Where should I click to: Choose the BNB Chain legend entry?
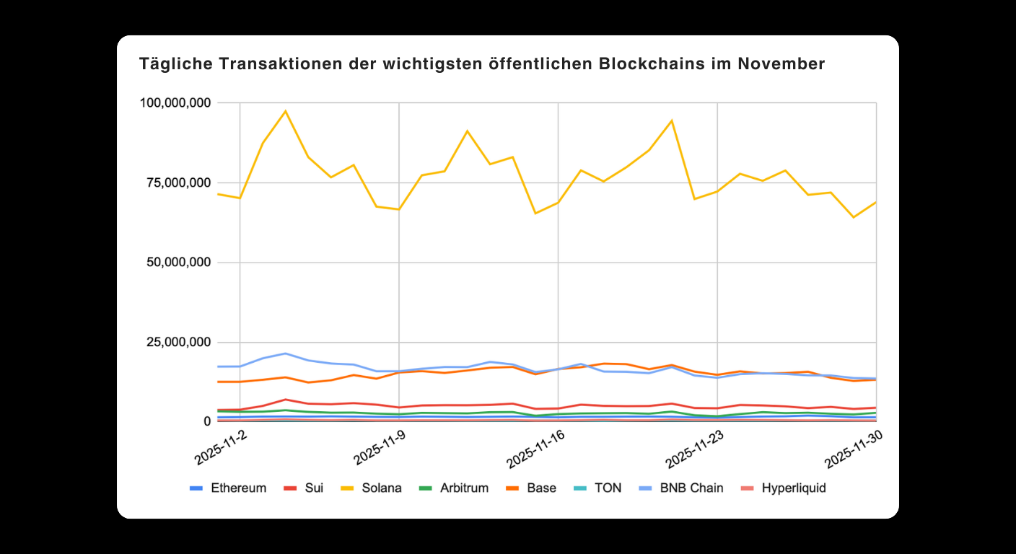coord(681,488)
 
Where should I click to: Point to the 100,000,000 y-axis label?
coord(175,103)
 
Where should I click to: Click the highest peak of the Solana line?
coord(286,111)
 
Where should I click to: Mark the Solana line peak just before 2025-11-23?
coord(672,120)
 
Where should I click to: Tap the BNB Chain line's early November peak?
coord(286,353)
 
